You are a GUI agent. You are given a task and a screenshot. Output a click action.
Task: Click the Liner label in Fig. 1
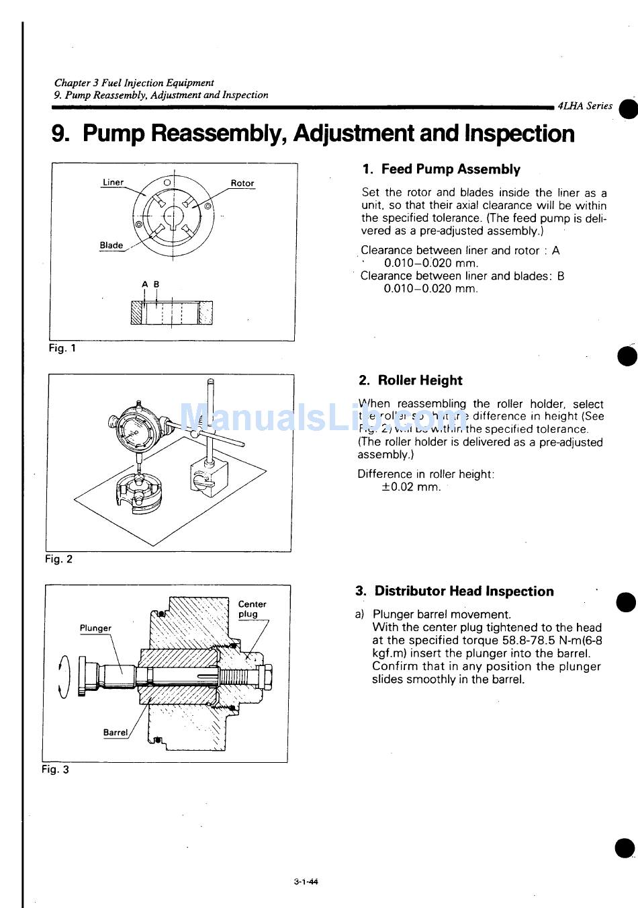coord(113,183)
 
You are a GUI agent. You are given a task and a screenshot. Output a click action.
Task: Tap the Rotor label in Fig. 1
coord(242,183)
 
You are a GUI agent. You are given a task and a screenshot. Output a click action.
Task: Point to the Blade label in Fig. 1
coord(111,245)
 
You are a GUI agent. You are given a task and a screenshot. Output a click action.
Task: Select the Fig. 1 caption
coord(62,348)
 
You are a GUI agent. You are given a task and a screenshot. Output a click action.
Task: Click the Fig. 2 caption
coord(59,559)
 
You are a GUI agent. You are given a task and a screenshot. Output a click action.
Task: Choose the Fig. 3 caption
coord(56,770)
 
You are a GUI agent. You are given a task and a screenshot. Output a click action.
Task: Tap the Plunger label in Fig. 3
coord(95,628)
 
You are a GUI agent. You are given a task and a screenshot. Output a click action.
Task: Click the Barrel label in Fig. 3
coord(115,733)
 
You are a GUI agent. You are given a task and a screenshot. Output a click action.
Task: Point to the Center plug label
coord(252,609)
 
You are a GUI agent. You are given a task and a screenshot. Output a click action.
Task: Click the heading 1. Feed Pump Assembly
coord(441,169)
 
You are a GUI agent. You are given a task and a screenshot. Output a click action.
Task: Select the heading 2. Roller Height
coord(410,380)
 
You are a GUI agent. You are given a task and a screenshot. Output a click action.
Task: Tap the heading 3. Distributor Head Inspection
coord(455,591)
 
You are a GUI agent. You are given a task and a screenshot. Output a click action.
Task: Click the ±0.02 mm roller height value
coord(411,487)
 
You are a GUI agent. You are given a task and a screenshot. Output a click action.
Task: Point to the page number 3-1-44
coord(306,882)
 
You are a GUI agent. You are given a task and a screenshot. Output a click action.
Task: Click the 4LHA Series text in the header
coord(585,106)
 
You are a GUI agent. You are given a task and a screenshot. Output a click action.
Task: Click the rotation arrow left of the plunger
coord(63,676)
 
